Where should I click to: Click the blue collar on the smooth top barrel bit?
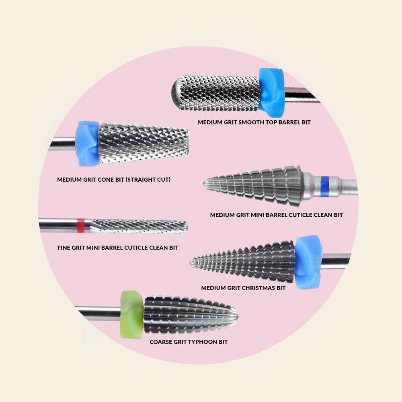272,92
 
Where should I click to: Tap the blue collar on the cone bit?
87,144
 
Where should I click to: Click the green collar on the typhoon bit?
132,315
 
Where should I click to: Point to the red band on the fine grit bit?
81,226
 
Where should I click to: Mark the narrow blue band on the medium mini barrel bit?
324,186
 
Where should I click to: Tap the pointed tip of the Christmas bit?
191,262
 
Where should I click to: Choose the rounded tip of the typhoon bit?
236,316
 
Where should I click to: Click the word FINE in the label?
64,248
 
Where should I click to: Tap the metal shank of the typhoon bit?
97,313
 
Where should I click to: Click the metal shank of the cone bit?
63,144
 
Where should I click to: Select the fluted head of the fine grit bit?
139,226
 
